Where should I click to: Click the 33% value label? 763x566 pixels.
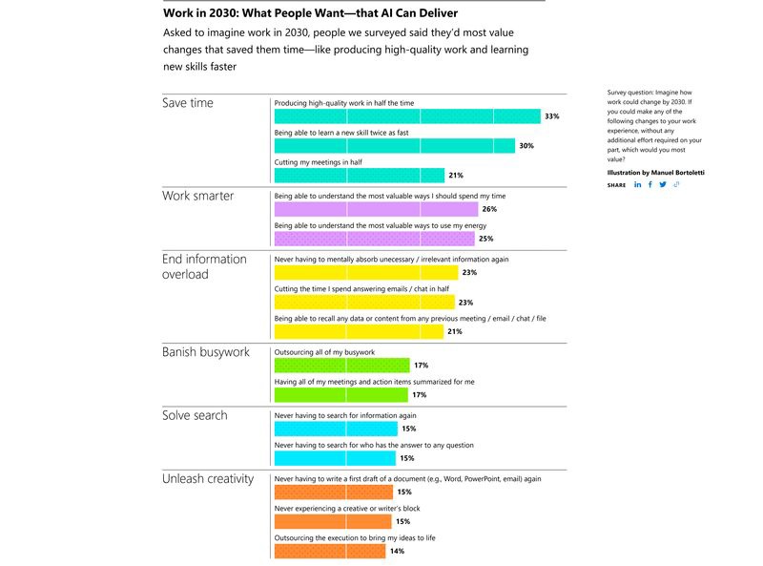tap(551, 116)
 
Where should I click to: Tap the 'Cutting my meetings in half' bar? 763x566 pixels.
tap(360, 175)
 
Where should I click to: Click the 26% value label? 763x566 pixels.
tap(488, 209)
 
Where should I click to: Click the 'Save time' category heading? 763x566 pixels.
tap(188, 103)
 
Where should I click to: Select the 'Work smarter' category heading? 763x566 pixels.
tap(197, 196)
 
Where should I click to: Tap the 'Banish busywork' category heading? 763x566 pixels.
tap(206, 352)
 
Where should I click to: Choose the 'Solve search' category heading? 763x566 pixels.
tap(196, 416)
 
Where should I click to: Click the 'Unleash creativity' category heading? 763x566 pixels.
tap(208, 478)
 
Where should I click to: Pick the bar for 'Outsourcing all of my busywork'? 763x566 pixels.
tap(341, 365)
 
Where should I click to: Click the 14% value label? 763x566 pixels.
tap(397, 551)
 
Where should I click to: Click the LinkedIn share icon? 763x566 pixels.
tap(638, 184)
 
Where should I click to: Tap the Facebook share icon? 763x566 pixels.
tap(650, 184)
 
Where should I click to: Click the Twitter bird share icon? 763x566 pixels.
tap(663, 184)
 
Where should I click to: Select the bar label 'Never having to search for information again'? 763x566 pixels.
tap(345, 416)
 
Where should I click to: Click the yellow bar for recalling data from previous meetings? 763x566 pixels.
tap(359, 331)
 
